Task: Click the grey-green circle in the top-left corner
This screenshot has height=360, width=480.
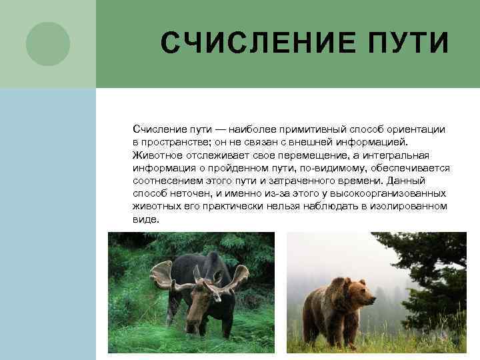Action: pyautogui.click(x=48, y=44)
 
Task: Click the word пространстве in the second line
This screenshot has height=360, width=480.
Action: pyautogui.click(x=175, y=141)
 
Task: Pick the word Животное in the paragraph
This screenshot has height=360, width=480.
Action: pyautogui.click(x=156, y=155)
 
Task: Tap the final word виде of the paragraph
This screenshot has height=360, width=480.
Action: pyautogui.click(x=145, y=219)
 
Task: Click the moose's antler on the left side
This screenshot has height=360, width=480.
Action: pyautogui.click(x=163, y=275)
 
